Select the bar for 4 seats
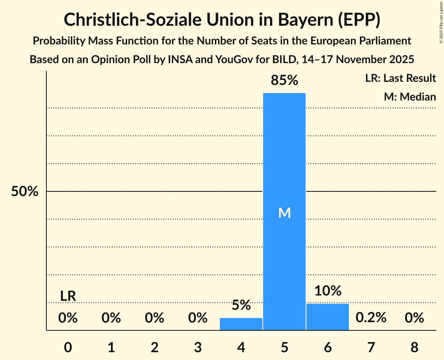point(241,324)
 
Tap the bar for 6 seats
point(327,317)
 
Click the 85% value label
point(284,81)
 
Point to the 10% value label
point(327,291)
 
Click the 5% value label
point(241,305)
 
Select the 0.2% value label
point(371,318)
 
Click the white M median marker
point(284,213)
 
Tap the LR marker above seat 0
point(68,296)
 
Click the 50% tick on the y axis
point(25,192)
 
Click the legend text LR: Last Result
point(400,78)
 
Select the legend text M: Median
point(410,97)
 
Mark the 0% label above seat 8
point(414,318)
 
